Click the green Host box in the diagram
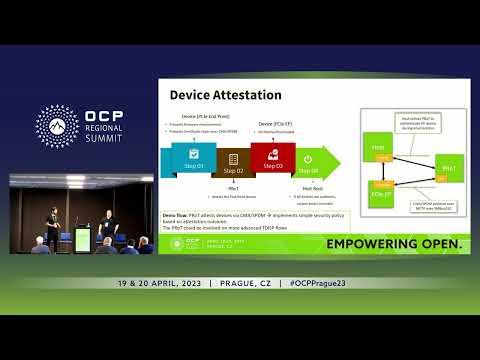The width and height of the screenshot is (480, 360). (x=378, y=149)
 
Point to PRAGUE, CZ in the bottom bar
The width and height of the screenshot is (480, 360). (x=245, y=283)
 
